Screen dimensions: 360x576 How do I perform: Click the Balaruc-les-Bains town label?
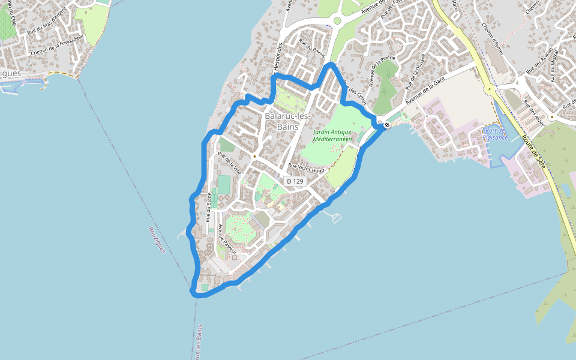(x=287, y=121)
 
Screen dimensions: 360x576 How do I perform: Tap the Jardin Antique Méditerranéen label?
(x=332, y=135)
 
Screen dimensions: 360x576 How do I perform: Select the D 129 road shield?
(x=295, y=181)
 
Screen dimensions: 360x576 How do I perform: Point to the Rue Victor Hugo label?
(x=306, y=169)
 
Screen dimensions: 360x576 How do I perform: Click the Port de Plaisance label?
(x=496, y=134)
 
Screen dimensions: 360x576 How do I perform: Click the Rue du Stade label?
(x=209, y=207)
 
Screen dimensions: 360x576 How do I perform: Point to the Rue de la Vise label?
(x=229, y=162)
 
